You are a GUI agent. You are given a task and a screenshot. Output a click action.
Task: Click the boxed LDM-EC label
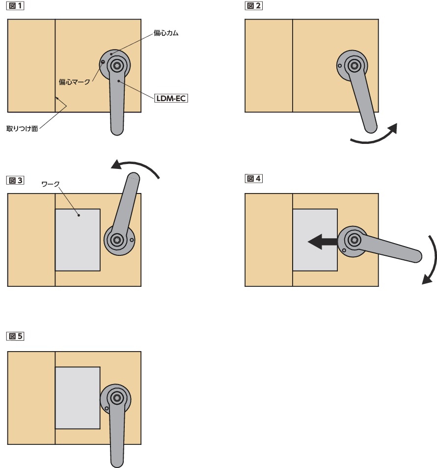coord(171,98)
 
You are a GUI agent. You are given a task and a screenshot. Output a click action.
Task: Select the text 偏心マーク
coord(74,82)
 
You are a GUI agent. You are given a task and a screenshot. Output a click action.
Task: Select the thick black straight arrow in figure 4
coord(322,241)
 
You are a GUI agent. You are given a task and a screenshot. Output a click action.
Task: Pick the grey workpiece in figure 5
coord(78,397)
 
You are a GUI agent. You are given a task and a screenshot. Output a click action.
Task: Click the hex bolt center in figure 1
coord(117,65)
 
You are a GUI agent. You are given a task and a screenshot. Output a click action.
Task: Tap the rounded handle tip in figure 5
coord(116,461)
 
